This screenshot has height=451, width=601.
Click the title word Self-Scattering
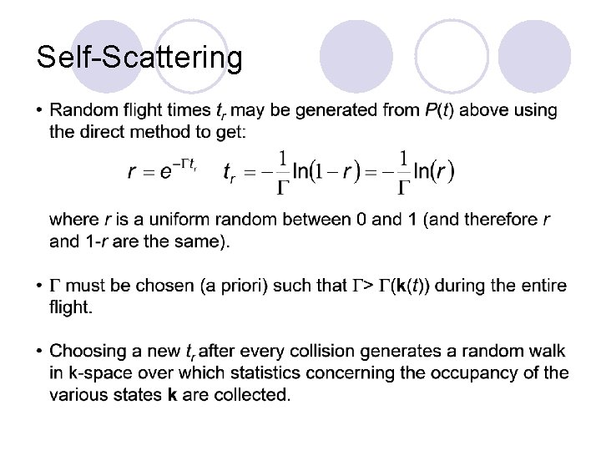tap(139, 58)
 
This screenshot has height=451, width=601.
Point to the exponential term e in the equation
tap(167, 172)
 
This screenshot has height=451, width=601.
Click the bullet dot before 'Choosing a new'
tap(40, 352)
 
